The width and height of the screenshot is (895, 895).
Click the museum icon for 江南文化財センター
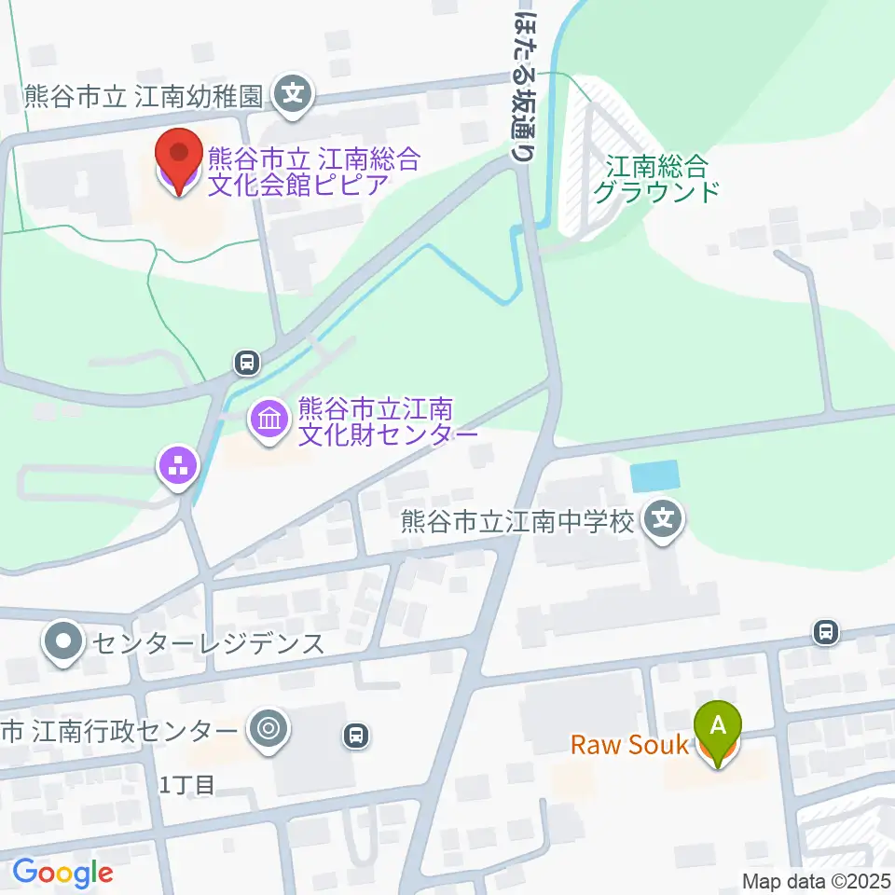tap(269, 420)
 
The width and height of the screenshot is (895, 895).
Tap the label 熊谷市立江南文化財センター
tap(375, 421)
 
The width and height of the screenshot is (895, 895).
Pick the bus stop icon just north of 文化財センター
tap(246, 361)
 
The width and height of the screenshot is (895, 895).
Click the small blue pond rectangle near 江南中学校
tap(654, 475)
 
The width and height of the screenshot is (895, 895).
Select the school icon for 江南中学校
tap(664, 518)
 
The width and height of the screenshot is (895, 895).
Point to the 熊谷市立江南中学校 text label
tap(518, 519)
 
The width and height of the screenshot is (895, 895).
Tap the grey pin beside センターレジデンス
tap(63, 642)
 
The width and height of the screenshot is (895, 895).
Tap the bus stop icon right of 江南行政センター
tap(355, 737)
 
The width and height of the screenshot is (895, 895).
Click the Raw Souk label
tap(629, 745)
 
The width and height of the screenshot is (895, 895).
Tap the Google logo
tap(62, 873)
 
